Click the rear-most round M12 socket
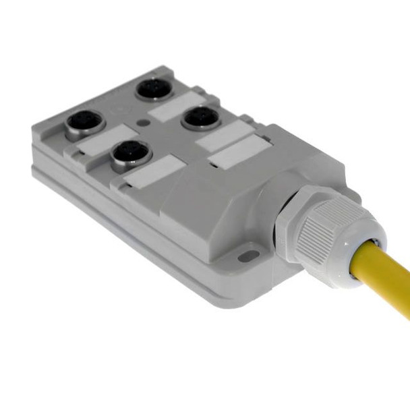click(154, 88)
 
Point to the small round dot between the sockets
click(144, 123)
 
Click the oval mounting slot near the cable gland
click(249, 256)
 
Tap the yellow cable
click(388, 270)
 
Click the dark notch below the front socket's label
click(120, 183)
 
